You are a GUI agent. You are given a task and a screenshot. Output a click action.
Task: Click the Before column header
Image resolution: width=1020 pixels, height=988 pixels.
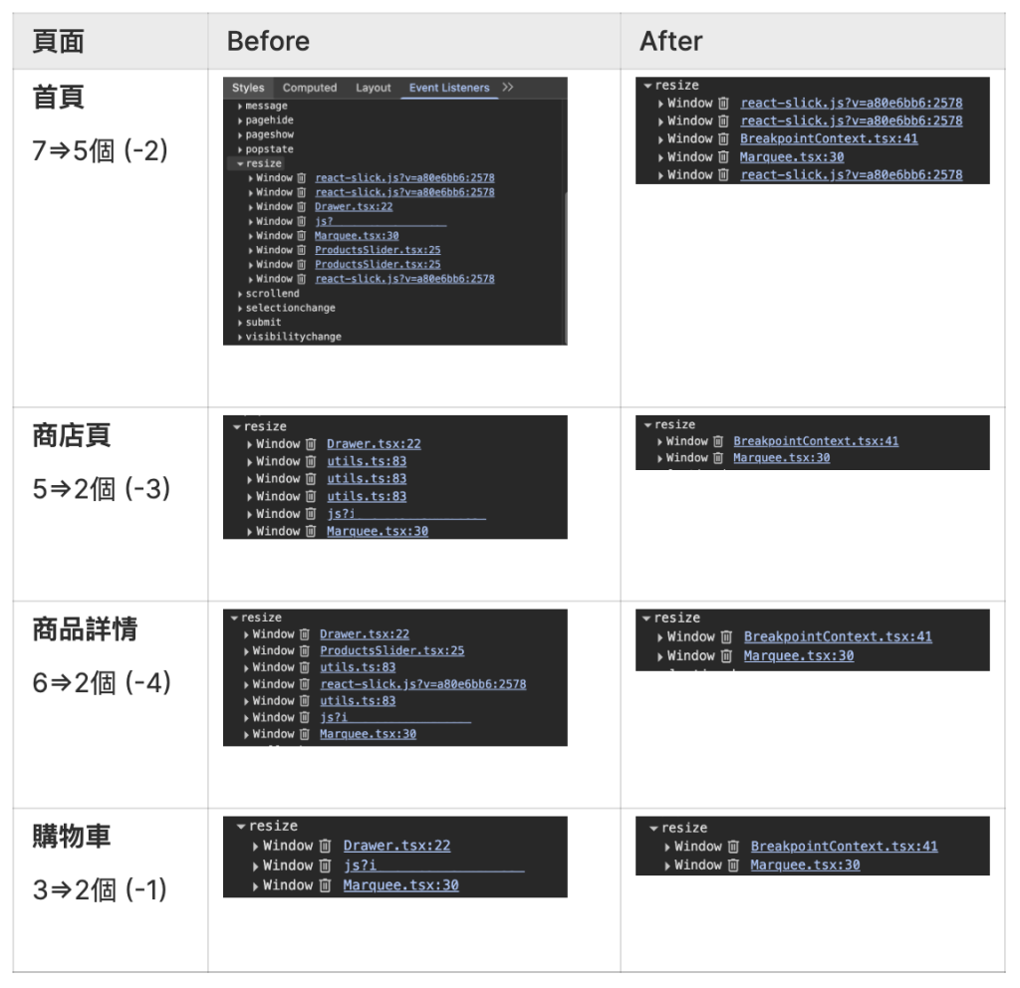[x=268, y=41]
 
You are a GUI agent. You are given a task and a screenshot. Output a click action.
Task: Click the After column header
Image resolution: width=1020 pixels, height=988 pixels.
[x=670, y=41]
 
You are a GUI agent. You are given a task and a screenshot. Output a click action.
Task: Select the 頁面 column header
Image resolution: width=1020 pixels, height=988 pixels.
[x=58, y=41]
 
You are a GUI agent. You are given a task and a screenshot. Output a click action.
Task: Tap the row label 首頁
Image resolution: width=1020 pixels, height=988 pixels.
[x=58, y=98]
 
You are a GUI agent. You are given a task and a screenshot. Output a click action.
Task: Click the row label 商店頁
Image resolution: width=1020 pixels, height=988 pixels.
[x=71, y=435]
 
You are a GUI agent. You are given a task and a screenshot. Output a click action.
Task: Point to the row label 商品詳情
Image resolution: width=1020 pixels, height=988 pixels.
[x=85, y=629]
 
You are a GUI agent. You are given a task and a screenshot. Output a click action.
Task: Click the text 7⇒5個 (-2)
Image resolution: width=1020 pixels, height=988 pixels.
[x=101, y=151]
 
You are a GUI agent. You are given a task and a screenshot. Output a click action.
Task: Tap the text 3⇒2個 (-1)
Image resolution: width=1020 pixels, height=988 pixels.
[x=100, y=889]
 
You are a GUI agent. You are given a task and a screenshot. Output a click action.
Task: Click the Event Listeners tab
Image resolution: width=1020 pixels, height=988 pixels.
[x=449, y=88]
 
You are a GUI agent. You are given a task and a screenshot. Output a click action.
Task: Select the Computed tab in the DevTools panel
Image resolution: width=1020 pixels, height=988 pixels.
[x=310, y=88]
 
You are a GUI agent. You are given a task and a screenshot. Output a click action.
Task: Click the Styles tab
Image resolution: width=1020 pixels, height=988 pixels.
[x=248, y=88]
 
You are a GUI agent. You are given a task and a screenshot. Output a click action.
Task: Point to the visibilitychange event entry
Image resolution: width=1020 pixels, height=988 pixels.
[x=293, y=337]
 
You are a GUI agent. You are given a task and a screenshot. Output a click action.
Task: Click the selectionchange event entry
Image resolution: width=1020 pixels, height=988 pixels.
[x=290, y=308]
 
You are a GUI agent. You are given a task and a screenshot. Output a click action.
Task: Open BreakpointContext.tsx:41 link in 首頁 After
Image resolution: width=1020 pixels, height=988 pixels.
[x=829, y=138]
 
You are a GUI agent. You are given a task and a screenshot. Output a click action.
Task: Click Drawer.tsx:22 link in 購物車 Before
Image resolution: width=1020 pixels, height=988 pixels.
[x=396, y=846]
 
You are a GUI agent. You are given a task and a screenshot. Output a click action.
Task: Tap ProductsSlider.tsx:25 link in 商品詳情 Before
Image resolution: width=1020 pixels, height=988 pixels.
[x=391, y=650]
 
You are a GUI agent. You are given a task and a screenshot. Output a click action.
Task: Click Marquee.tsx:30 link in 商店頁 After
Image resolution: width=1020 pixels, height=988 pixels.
[x=781, y=458]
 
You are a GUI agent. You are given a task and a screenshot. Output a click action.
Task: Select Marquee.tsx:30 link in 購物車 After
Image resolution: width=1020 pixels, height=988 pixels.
[x=805, y=865]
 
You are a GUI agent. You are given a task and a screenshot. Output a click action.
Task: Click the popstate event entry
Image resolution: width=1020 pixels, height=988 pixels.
[x=269, y=149]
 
